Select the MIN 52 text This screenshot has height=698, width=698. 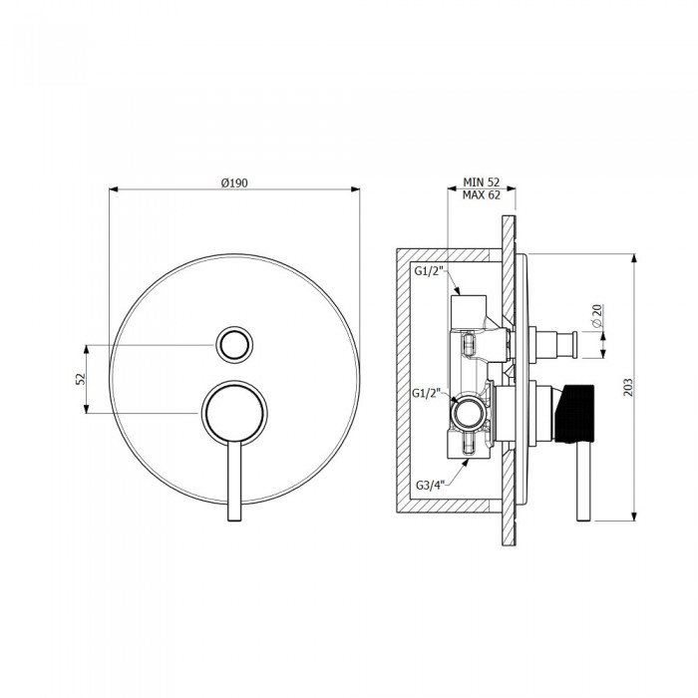pos(483,181)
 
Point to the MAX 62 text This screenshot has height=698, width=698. pos(483,195)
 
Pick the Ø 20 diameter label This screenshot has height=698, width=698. pos(595,316)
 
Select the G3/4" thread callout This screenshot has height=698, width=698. pos(431,486)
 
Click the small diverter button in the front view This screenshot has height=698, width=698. pos(233,344)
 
